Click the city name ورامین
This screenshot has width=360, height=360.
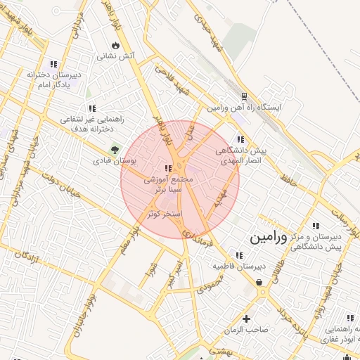[x=269, y=237]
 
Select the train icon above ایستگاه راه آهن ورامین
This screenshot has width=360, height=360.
[x=244, y=96]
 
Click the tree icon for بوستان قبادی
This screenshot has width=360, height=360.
[x=114, y=149]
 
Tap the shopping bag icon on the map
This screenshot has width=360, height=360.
[x=259, y=282]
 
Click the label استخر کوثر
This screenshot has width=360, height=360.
[x=165, y=213]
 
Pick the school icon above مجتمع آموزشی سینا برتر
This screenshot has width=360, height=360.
[x=167, y=168]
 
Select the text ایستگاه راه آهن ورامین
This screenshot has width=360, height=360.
[x=244, y=108]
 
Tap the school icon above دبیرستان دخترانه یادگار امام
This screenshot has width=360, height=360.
[x=54, y=64]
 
